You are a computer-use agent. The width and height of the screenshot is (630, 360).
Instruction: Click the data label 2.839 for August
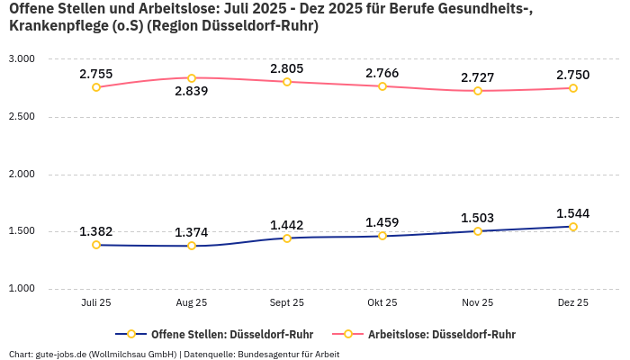(x=191, y=91)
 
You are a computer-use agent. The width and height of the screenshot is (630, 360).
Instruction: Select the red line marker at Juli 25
(x=96, y=87)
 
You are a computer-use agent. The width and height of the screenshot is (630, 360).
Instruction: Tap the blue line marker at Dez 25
(x=572, y=227)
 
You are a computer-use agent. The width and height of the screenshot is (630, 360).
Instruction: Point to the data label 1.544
(x=572, y=213)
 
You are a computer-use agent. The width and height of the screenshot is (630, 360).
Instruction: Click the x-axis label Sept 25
(x=286, y=303)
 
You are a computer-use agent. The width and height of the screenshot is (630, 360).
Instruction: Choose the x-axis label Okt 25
(x=382, y=303)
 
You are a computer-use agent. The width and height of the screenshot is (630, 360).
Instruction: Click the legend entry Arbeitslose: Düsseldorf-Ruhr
(x=441, y=334)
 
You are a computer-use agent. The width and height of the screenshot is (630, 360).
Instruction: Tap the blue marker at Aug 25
(x=192, y=246)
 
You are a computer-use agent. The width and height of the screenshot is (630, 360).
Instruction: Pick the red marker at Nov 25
(x=477, y=91)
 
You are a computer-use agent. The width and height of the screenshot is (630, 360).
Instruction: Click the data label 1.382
(x=96, y=231)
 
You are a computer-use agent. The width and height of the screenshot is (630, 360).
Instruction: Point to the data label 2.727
(x=477, y=77)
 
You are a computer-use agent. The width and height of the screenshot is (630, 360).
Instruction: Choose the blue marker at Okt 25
(x=382, y=236)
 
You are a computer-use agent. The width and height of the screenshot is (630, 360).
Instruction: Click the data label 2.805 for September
(x=286, y=68)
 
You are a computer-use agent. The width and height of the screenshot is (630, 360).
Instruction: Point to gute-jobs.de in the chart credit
(x=59, y=354)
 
